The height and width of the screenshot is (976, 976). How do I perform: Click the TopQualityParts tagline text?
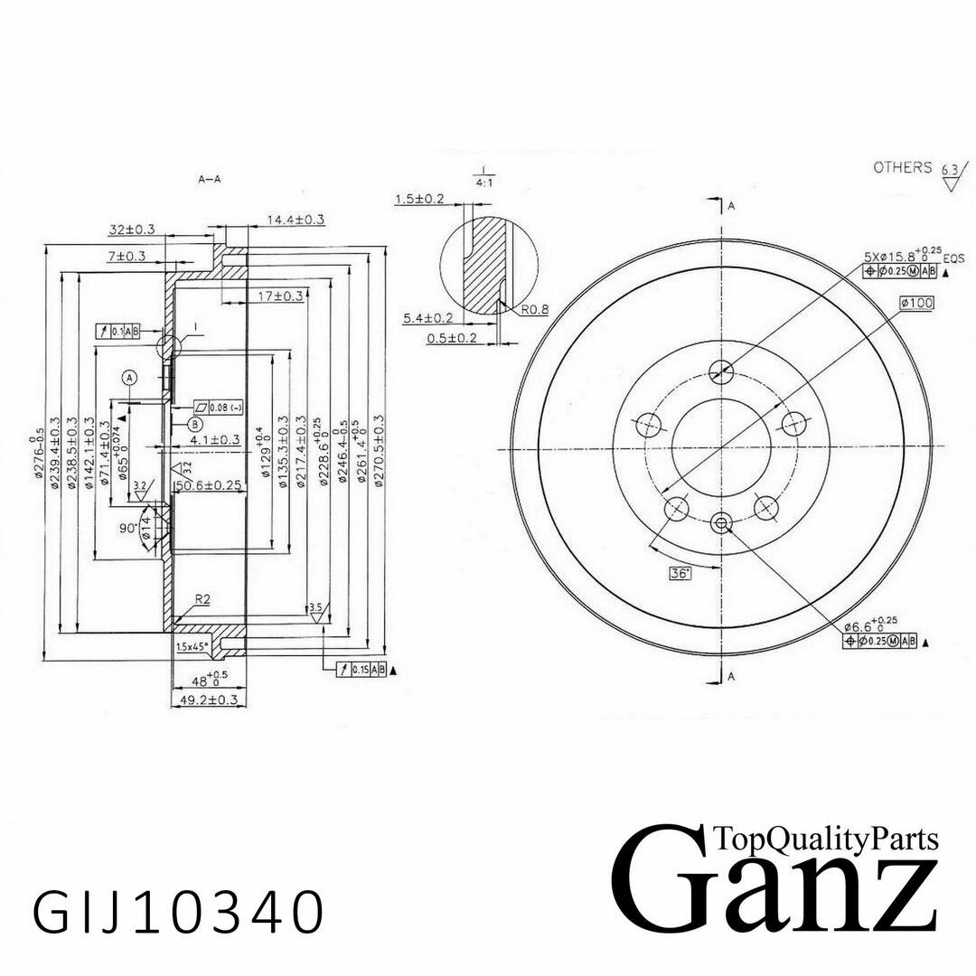pyautogui.click(x=825, y=840)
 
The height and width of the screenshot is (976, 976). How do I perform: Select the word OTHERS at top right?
pyautogui.click(x=902, y=167)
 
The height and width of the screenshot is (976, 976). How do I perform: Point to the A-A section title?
pyautogui.click(x=210, y=180)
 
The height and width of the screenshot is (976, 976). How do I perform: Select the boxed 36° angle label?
pyautogui.click(x=680, y=573)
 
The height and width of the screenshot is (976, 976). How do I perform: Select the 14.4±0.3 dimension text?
pyautogui.click(x=296, y=220)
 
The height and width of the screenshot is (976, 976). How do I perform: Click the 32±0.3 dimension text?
pyautogui.click(x=131, y=230)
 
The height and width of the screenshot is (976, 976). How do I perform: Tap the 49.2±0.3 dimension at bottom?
pyautogui.click(x=207, y=699)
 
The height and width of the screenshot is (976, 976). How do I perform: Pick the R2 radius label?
pyautogui.click(x=202, y=599)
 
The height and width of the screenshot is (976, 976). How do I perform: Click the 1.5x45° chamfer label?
pyautogui.click(x=192, y=646)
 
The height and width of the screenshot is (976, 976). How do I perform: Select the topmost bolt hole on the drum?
pyautogui.click(x=720, y=369)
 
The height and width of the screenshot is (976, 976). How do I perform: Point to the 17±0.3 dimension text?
pyautogui.click(x=280, y=296)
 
